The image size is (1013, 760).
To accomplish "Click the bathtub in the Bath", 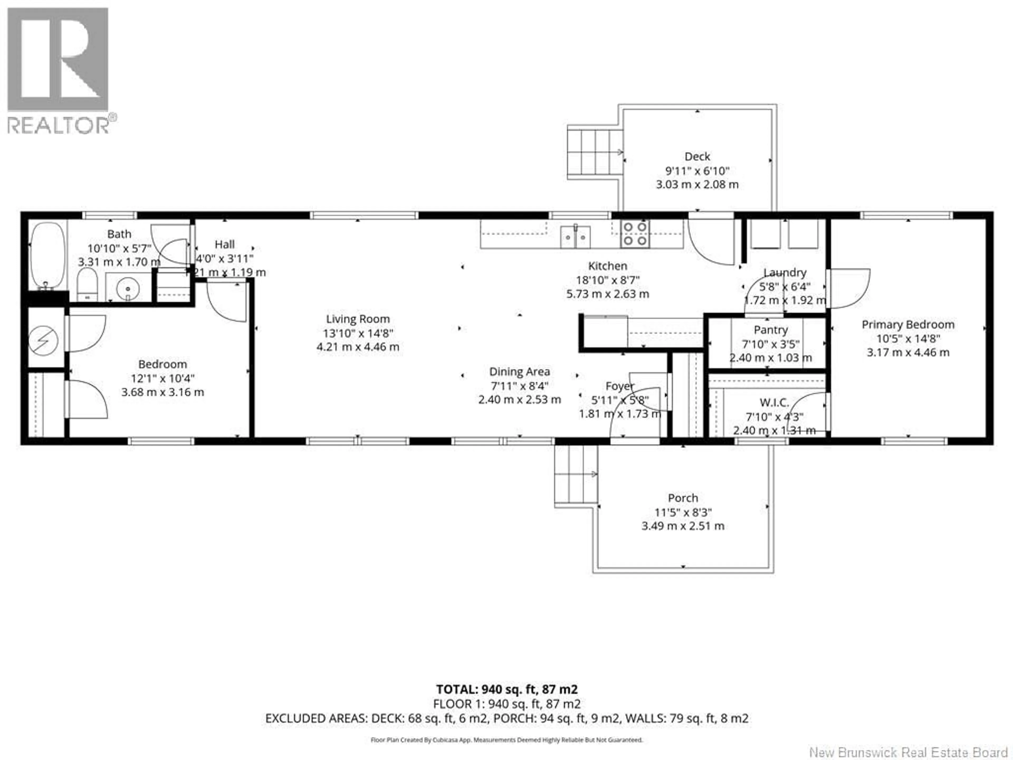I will pos(47,255).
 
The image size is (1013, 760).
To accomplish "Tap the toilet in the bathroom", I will pos(87,284).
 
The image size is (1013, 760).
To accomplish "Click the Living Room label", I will pos(358,319).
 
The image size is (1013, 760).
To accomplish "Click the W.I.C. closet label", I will pos(774,403).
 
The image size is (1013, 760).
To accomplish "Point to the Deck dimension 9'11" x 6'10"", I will pos(697,171).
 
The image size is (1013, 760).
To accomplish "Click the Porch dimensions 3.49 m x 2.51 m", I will pos(683,526).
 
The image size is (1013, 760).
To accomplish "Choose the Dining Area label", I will pos(519,372).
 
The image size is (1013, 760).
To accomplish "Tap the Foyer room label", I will pos(620,386).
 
